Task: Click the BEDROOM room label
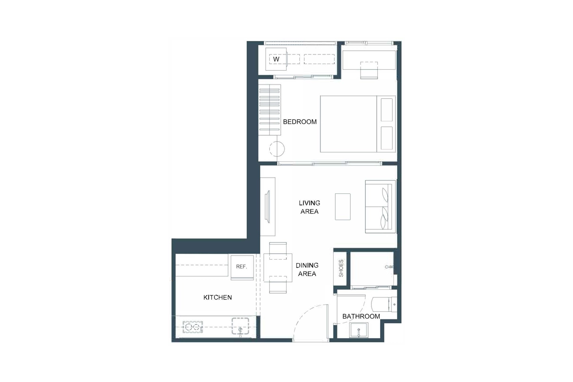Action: coord(300,122)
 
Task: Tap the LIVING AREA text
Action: coord(309,207)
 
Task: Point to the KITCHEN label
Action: coord(218,297)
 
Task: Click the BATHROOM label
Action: coord(361,317)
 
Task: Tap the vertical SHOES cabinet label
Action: coord(341,268)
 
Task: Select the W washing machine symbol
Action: coord(276,59)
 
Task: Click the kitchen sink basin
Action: coord(241,326)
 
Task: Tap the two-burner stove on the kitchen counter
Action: coord(193,327)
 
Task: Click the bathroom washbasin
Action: coord(360,329)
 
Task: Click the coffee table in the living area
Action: coord(343,206)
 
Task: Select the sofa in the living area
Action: coord(381,206)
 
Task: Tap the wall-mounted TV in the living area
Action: coord(268,206)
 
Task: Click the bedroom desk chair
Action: coord(369,70)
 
